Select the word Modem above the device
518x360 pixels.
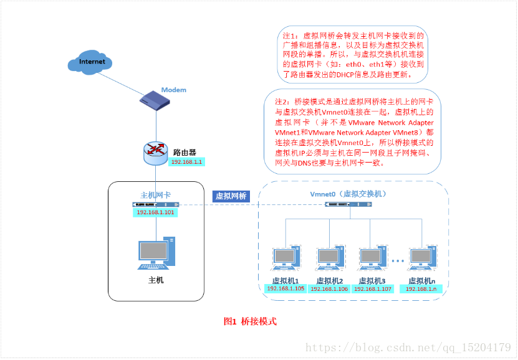(174, 90)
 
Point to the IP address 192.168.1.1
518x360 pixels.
(187, 161)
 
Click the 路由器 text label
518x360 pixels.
(185, 151)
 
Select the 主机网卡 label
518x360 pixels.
(156, 195)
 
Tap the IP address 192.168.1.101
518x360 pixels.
(156, 212)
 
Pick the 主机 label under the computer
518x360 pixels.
(156, 280)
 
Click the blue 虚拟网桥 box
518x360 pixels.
(231, 196)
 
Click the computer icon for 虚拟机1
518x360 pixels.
(285, 260)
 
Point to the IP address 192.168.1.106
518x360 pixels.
(329, 288)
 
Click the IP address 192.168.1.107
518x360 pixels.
(373, 288)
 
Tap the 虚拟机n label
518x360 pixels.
(423, 280)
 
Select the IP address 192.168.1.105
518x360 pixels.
(285, 288)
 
